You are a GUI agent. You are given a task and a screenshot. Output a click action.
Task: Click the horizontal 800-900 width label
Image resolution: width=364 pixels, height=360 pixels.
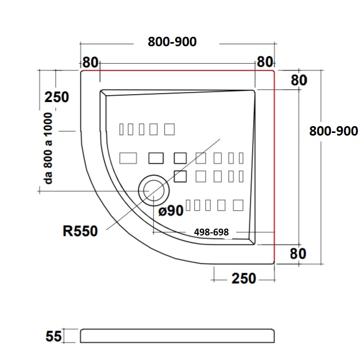click(x=172, y=42)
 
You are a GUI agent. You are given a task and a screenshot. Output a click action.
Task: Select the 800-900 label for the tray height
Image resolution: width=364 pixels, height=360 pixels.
click(x=333, y=131)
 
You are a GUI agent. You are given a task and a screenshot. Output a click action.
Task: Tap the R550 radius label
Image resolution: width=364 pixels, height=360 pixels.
click(x=80, y=231)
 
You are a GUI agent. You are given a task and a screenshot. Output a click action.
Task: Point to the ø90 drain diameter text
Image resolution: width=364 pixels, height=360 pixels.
click(x=171, y=211)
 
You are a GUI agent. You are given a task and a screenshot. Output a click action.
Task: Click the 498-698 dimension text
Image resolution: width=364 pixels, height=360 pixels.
click(x=211, y=232)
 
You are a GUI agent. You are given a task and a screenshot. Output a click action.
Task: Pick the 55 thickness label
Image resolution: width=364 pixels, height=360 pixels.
click(x=54, y=336)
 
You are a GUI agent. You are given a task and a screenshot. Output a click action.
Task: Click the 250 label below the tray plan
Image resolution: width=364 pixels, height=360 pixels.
click(x=244, y=279)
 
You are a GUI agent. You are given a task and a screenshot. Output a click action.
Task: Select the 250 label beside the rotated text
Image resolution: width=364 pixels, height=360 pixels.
click(x=57, y=97)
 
